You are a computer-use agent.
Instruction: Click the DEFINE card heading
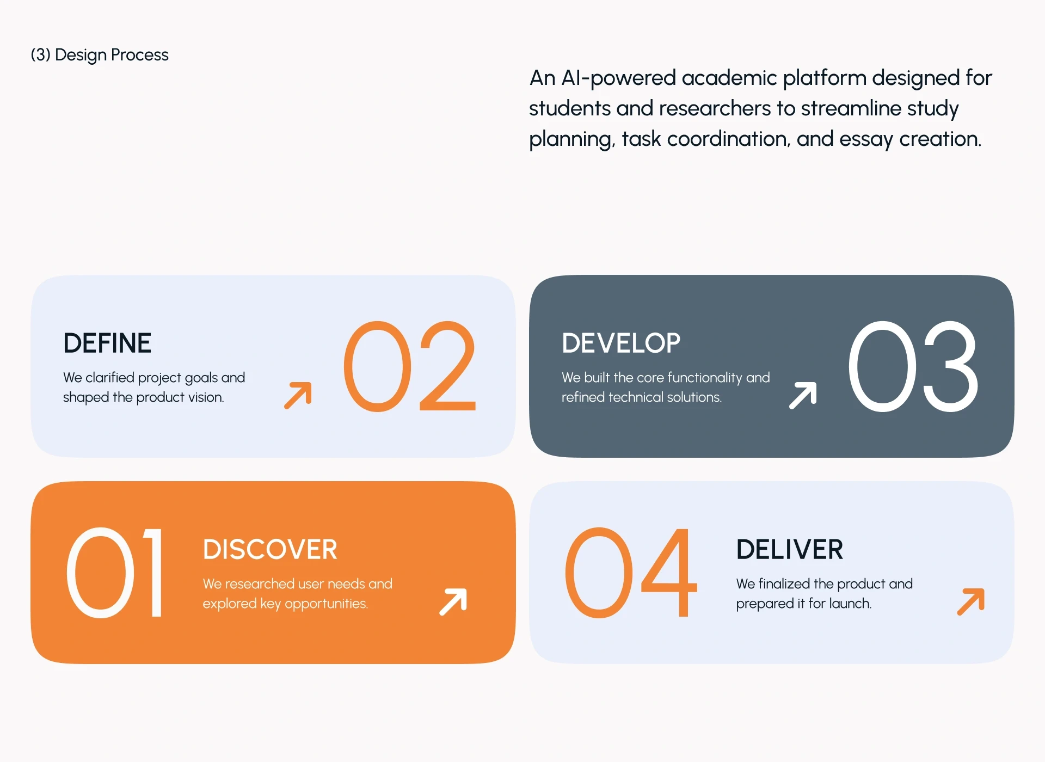point(107,343)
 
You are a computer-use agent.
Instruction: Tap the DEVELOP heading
point(621,343)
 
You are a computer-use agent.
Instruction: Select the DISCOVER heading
point(270,549)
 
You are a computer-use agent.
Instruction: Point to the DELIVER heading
point(790,549)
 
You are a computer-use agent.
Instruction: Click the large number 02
point(410,366)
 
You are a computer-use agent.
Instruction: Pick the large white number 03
point(913,366)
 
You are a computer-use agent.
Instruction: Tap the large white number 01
point(115,573)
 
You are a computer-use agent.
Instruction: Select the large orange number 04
point(631,573)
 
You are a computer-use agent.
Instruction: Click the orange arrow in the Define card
point(298,395)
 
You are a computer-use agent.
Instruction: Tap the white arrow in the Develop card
point(803,395)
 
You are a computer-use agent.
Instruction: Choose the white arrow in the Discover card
point(453,601)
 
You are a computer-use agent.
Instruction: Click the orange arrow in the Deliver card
point(971,601)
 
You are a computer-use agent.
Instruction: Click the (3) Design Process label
point(100,55)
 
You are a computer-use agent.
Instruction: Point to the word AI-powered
point(618,78)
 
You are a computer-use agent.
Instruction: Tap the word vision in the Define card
point(206,397)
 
